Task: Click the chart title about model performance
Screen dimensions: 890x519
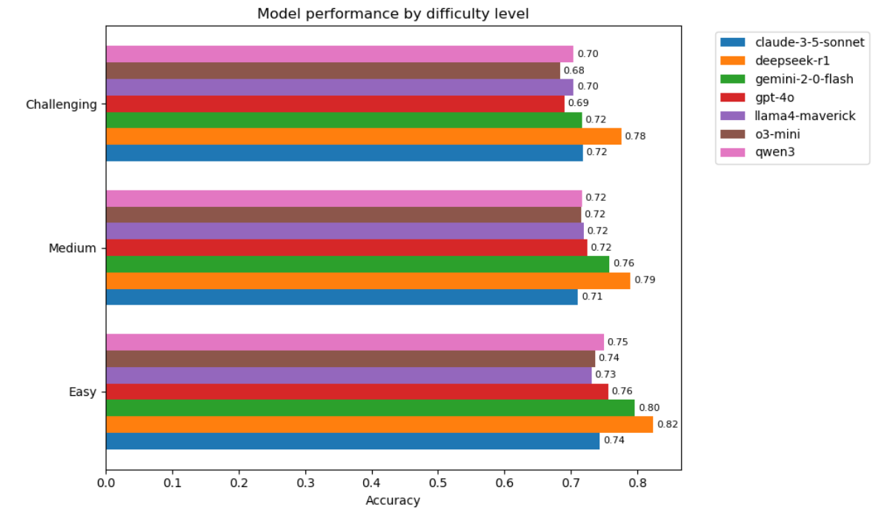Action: [393, 14]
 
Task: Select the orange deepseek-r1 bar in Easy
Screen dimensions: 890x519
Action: [379, 424]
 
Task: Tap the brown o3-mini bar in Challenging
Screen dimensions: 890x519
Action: [333, 70]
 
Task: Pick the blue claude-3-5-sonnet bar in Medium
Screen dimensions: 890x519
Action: [342, 297]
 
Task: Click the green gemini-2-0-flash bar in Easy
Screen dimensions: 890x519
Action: [371, 408]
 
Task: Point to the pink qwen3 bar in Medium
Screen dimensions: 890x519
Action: [344, 198]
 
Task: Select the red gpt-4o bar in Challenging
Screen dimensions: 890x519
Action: [336, 104]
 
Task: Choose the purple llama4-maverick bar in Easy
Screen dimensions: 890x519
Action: [349, 375]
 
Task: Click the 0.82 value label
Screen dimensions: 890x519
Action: [668, 424]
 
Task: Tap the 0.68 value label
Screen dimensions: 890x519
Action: [574, 70]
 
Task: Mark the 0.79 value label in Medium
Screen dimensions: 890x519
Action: [645, 280]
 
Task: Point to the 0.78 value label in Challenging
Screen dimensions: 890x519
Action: [635, 136]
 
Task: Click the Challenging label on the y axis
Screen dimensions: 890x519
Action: [62, 105]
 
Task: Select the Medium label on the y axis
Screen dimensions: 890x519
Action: [73, 248]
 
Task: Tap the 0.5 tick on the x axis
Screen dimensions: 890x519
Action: [438, 483]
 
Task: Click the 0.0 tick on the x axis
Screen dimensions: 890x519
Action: [106, 483]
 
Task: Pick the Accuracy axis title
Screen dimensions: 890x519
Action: [393, 500]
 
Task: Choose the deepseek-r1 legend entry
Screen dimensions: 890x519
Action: [775, 61]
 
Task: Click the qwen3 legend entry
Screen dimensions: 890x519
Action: [757, 152]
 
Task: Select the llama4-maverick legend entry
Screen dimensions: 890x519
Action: [788, 116]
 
